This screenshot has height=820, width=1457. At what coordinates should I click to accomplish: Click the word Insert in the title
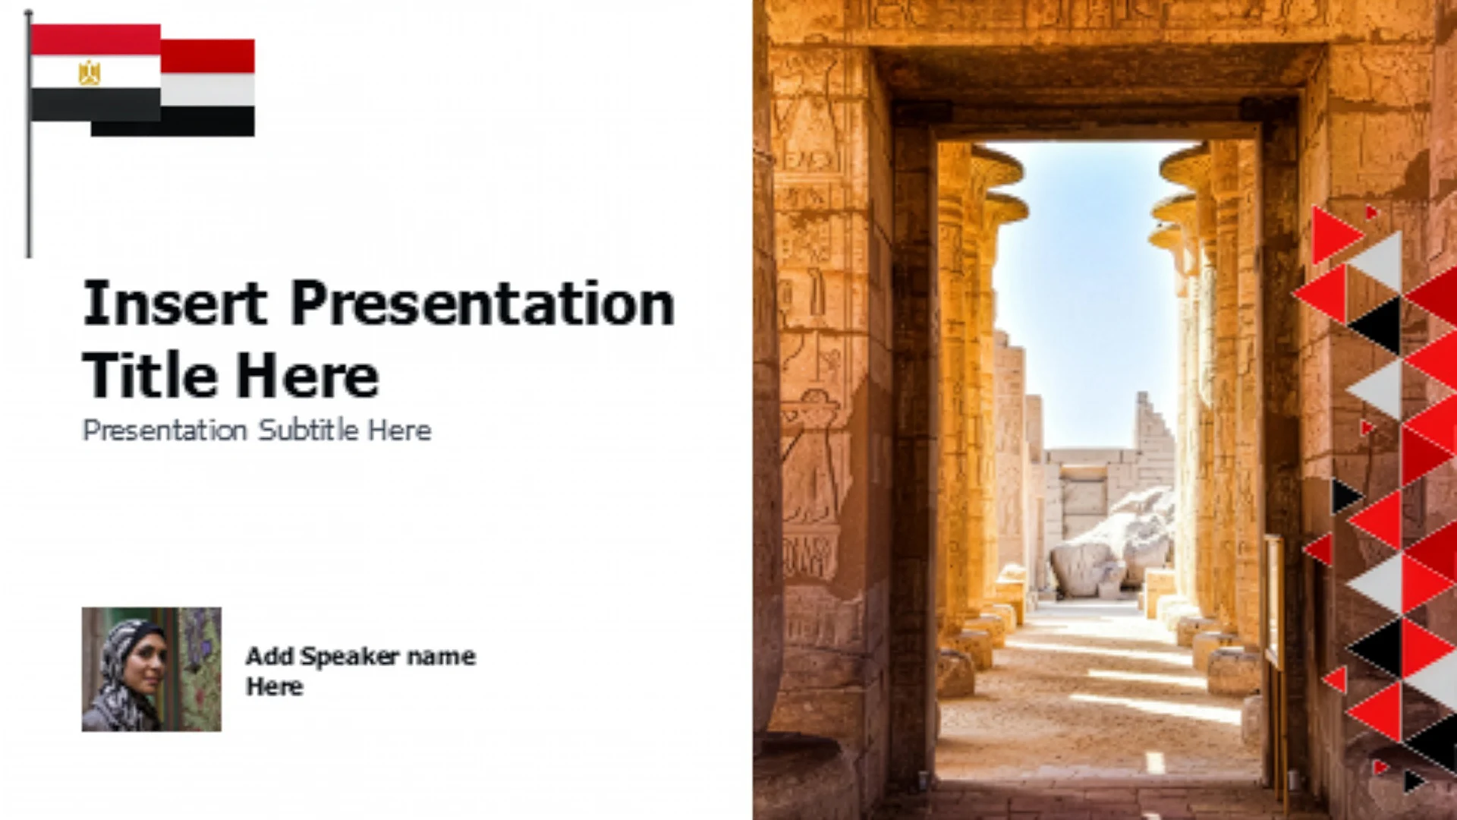click(175, 303)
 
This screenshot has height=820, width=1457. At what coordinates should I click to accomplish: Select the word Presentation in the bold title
click(483, 303)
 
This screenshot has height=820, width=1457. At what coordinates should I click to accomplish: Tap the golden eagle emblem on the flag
click(90, 73)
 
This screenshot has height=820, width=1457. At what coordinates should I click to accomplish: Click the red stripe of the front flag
click(96, 39)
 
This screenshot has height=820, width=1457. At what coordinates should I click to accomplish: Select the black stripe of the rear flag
click(173, 121)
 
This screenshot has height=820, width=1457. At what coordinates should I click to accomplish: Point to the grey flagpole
click(29, 134)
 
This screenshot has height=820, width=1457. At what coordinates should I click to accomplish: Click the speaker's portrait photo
click(152, 669)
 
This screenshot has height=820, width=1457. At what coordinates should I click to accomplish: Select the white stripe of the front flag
click(96, 71)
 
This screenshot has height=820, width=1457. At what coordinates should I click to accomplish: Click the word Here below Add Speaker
click(275, 687)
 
